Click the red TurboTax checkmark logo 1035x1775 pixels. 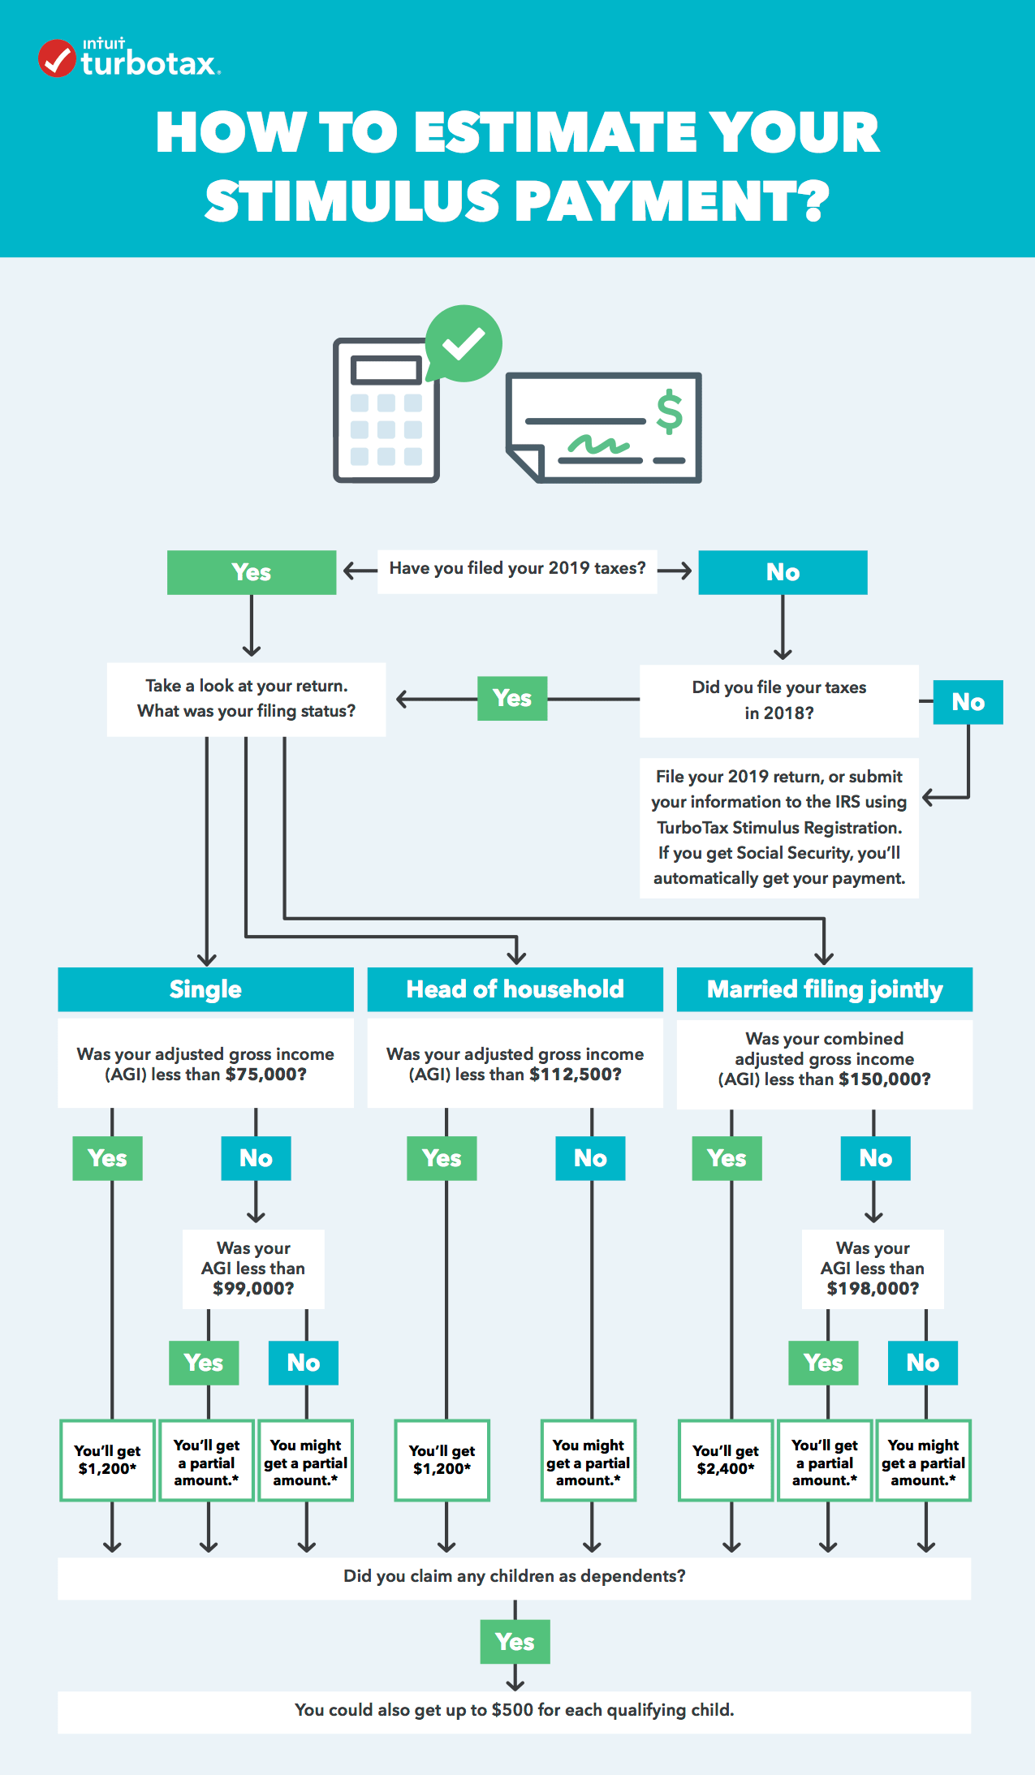click(57, 58)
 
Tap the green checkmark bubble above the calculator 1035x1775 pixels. click(464, 343)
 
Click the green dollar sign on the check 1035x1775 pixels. click(669, 411)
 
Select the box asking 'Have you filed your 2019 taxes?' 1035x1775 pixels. click(517, 569)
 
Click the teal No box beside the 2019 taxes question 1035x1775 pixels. click(783, 572)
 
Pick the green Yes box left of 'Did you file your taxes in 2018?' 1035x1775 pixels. click(512, 698)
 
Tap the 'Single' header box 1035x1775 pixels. click(205, 989)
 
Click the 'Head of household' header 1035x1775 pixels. click(515, 989)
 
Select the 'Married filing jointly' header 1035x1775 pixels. click(824, 989)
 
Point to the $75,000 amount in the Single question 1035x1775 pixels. click(265, 1075)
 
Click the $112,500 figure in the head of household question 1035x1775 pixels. click(575, 1075)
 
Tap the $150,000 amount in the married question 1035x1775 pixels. click(884, 1079)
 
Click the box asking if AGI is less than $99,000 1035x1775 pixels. click(253, 1269)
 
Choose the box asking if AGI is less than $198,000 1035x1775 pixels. click(873, 1269)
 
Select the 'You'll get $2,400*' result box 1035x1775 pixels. click(726, 1460)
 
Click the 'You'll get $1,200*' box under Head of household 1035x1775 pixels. click(442, 1460)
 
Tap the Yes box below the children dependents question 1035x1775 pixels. click(515, 1642)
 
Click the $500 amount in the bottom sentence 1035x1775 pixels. click(512, 1710)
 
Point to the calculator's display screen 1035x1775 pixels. click(386, 370)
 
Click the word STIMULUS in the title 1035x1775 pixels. click(351, 201)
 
